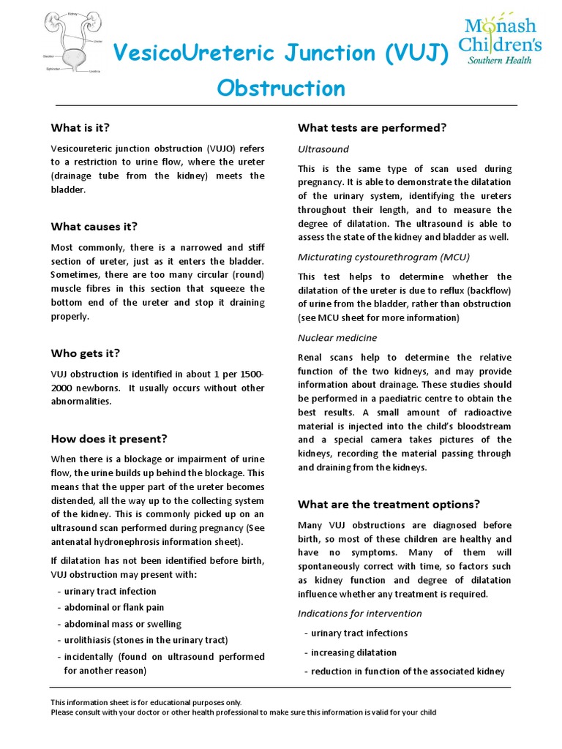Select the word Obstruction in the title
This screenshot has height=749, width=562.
click(281, 89)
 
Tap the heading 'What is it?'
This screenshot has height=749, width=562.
click(80, 127)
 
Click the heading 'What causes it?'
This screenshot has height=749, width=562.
click(94, 226)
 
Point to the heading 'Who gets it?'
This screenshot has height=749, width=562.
click(85, 353)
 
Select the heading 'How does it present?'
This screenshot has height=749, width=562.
click(109, 439)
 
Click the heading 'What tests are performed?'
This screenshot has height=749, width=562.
click(372, 127)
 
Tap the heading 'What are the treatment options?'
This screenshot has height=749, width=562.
click(389, 504)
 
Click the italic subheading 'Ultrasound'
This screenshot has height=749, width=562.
click(323, 148)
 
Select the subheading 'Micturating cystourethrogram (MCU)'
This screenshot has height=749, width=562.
click(383, 257)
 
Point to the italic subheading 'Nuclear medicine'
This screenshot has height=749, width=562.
click(337, 337)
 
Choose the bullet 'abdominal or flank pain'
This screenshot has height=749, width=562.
click(113, 607)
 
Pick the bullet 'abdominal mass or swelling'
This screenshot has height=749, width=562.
click(122, 623)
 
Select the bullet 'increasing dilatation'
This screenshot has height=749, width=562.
click(353, 652)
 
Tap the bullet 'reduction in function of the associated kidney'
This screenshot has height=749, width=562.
click(407, 671)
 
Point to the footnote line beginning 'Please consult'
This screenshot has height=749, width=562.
click(243, 712)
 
